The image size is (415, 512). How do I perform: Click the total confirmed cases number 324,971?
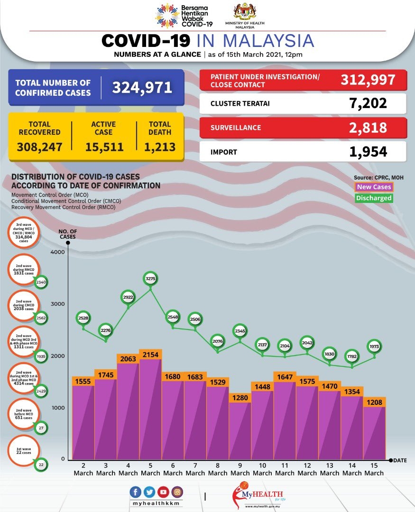[141, 88]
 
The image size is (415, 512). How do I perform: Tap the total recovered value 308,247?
[39, 147]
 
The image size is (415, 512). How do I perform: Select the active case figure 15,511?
[104, 147]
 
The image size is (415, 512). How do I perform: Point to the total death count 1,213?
[160, 147]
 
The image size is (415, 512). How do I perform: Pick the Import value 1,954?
[368, 152]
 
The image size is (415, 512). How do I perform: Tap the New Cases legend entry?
[374, 187]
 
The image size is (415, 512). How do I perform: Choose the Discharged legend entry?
[374, 198]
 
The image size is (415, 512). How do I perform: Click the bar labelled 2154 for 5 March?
[150, 408]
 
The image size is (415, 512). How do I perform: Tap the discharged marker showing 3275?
[150, 279]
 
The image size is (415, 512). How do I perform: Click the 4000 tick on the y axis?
[57, 252]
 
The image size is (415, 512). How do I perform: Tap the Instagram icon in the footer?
[177, 492]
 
